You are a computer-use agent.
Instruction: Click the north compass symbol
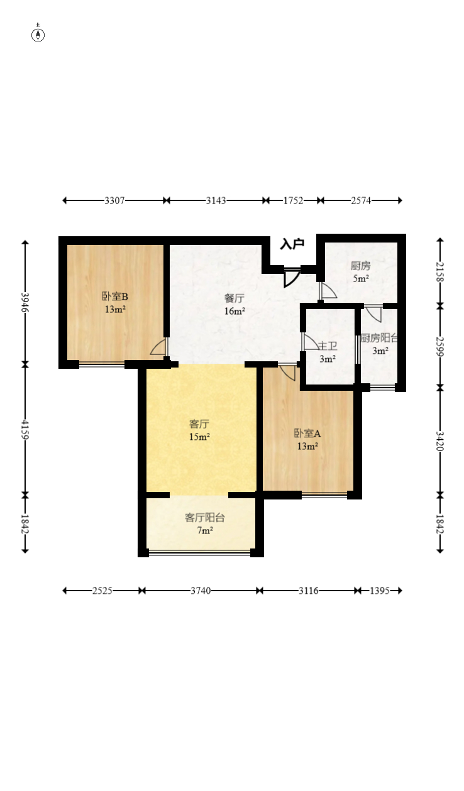(x=38, y=35)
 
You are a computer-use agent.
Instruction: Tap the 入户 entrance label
(x=292, y=244)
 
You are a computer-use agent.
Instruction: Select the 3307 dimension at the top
(x=115, y=200)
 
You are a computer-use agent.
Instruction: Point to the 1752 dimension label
(x=294, y=200)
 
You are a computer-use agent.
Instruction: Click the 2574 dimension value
(x=361, y=200)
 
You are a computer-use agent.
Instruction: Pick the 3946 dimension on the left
(x=25, y=302)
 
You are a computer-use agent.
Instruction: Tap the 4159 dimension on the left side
(x=25, y=429)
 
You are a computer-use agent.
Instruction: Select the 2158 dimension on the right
(x=440, y=272)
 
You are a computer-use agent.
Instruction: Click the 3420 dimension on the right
(x=440, y=441)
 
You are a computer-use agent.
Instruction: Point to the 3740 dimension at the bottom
(x=201, y=591)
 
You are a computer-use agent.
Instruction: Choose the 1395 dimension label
(x=380, y=591)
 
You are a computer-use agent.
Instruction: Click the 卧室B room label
(x=115, y=297)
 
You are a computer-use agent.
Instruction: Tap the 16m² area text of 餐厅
(x=235, y=311)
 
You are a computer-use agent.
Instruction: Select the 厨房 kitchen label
(x=360, y=266)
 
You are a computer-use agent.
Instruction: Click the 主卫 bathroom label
(x=328, y=346)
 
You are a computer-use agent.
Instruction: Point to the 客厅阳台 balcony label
(x=205, y=518)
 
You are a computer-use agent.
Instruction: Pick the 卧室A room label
(x=307, y=434)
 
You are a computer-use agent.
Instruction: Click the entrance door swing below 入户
(x=292, y=278)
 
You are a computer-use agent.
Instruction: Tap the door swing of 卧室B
(x=158, y=346)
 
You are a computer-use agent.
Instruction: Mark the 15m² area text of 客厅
(x=200, y=437)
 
